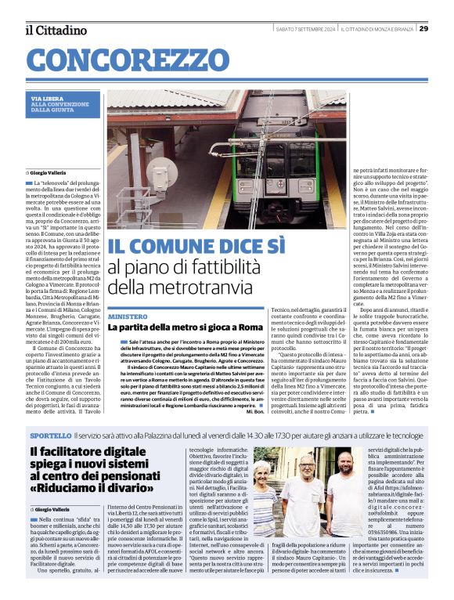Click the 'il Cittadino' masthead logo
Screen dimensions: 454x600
click(56, 31)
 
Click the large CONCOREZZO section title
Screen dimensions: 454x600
click(121, 59)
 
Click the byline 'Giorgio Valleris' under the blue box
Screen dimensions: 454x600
click(49, 171)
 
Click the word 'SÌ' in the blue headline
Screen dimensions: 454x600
click(271, 248)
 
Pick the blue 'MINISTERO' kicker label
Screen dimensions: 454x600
click(127, 316)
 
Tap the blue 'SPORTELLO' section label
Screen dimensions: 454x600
click(52, 435)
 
